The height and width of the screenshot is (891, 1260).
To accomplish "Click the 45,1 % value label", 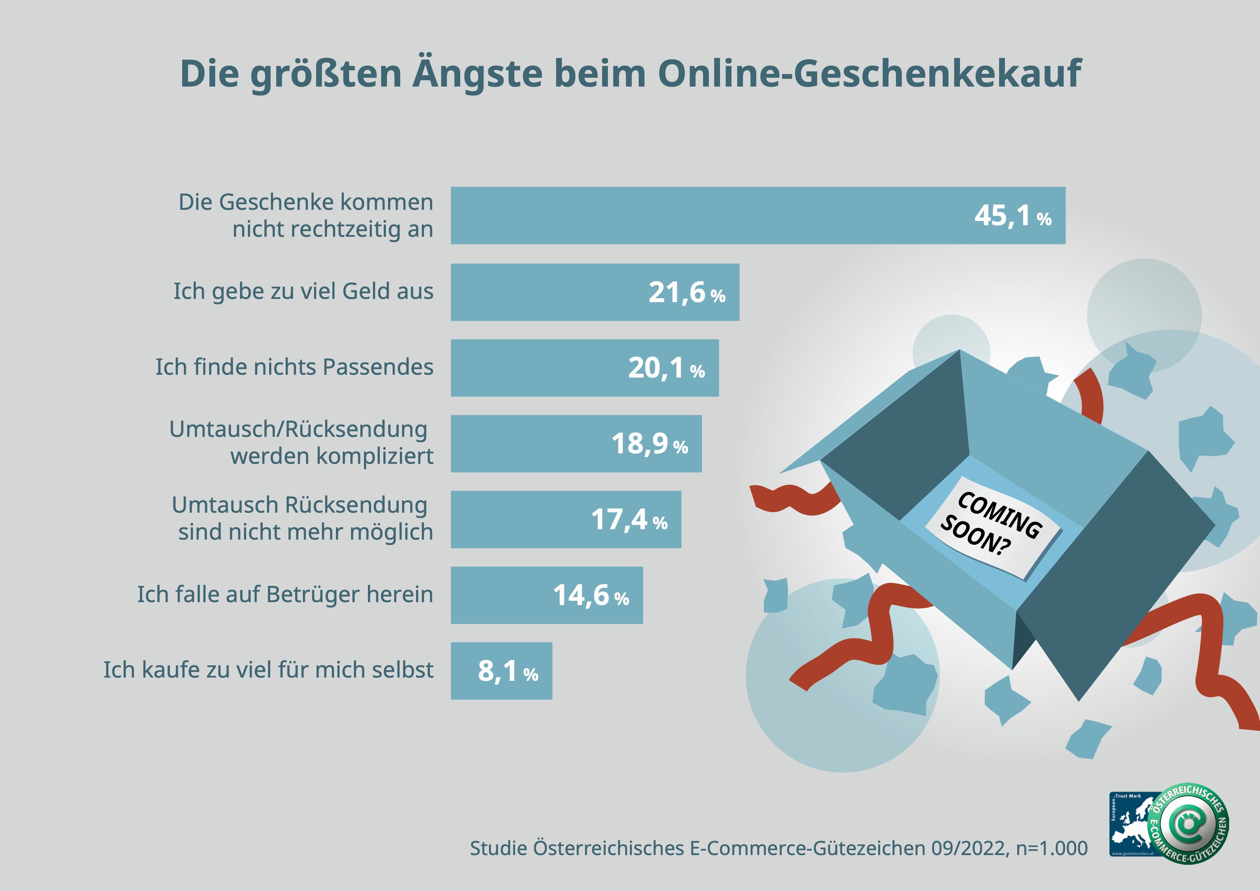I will coord(1012,216).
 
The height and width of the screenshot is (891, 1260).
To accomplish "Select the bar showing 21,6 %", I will coord(549,292).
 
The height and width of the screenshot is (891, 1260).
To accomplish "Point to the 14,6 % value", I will coord(591,595).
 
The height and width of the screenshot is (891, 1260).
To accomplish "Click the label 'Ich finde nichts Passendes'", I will coord(294,367).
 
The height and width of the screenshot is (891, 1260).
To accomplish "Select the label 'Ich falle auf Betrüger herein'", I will coord(285,594).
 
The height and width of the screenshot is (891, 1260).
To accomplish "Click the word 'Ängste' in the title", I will coord(477,74).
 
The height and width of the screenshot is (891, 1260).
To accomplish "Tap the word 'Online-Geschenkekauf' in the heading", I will coord(869,74).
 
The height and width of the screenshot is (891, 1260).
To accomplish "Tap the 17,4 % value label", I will coord(629,520).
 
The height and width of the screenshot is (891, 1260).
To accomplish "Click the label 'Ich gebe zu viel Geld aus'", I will coord(303,291).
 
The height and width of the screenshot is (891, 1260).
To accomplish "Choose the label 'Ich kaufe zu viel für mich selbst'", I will coord(268,670).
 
